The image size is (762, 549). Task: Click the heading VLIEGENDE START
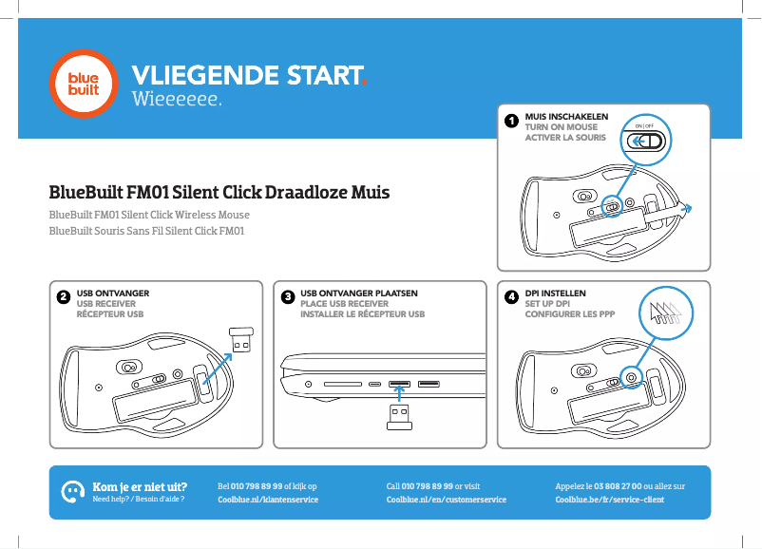click(x=249, y=75)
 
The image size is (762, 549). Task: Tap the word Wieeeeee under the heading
click(x=177, y=99)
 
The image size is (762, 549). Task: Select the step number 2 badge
click(x=62, y=297)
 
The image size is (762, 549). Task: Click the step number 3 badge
click(x=287, y=297)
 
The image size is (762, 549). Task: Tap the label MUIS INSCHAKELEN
click(x=566, y=116)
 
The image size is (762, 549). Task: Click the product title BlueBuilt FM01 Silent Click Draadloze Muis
click(x=219, y=193)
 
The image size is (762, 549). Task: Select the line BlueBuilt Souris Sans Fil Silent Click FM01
click(x=147, y=231)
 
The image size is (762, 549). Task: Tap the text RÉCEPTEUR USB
click(x=109, y=313)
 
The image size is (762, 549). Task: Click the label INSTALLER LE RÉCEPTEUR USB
click(x=362, y=313)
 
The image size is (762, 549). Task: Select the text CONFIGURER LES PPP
click(x=569, y=313)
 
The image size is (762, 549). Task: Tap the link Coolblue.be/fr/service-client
click(x=609, y=500)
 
